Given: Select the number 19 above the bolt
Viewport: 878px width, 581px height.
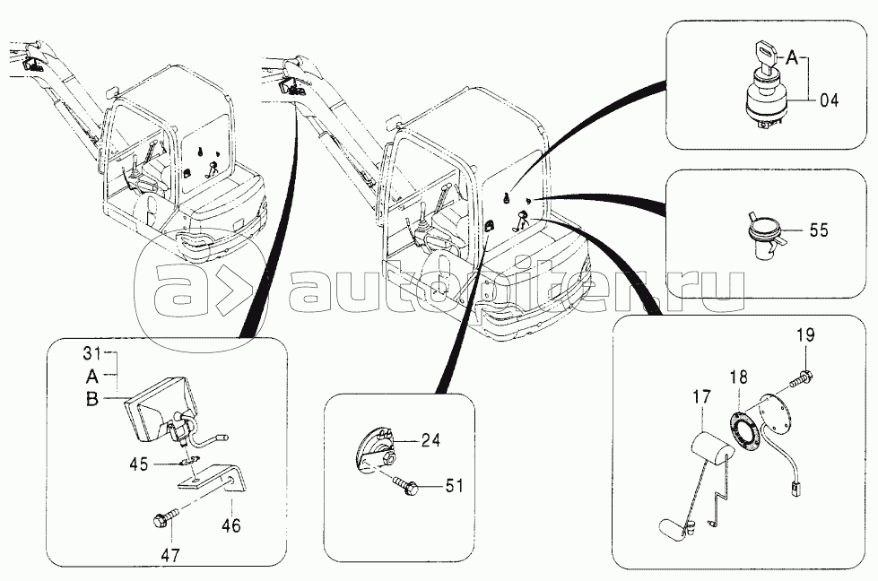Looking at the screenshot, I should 804,336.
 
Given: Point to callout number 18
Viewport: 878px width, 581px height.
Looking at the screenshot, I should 736,377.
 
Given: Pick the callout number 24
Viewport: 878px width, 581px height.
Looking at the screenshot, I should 431,439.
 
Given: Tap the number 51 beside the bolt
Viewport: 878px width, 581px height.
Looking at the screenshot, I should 456,486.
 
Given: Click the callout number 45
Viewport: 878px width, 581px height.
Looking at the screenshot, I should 138,464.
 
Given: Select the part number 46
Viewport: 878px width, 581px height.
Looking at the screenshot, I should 230,526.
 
